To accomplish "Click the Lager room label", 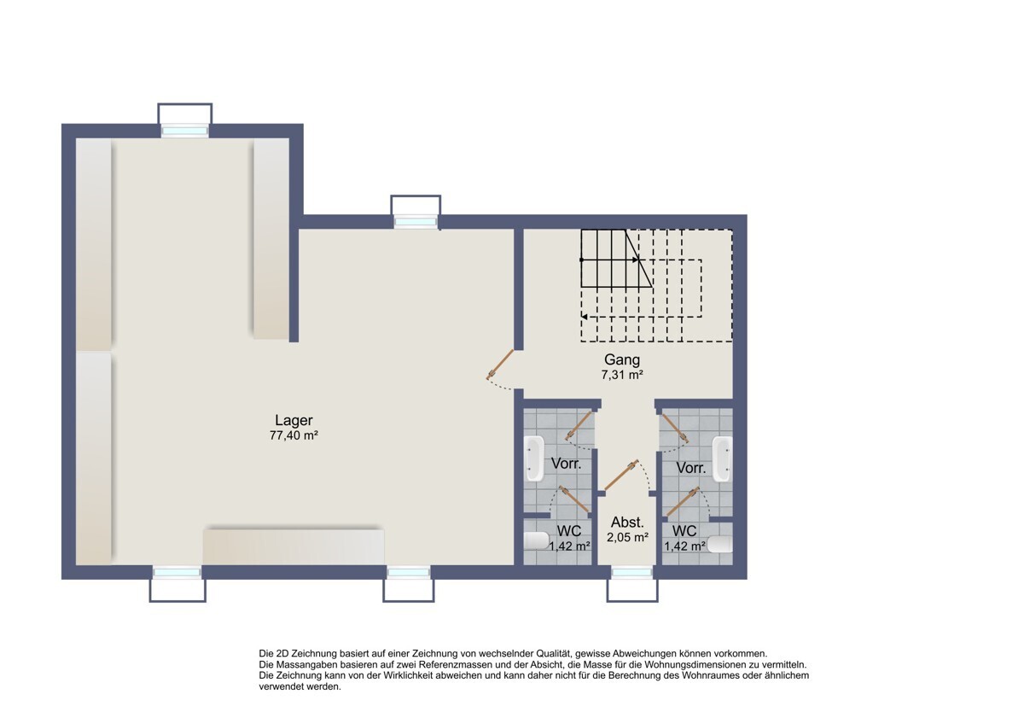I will [x=294, y=420].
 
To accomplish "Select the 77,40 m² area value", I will [x=294, y=435].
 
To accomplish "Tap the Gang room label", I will [x=622, y=359].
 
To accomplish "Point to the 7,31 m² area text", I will [x=622, y=374].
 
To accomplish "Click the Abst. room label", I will [x=627, y=523].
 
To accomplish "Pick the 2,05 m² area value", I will [x=627, y=537].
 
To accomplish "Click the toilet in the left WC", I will [x=537, y=540].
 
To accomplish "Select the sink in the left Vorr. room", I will [x=535, y=458].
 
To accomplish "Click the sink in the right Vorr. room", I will [x=722, y=458].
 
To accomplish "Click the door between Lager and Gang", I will [x=500, y=365].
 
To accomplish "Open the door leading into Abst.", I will [x=620, y=476].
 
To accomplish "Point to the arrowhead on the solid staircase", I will [x=635, y=260].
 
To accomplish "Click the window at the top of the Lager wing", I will [x=185, y=131].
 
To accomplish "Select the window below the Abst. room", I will [x=632, y=572].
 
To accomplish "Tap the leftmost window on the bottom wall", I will [x=177, y=572].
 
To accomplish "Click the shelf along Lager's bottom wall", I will [x=293, y=546].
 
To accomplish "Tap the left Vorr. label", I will [x=567, y=464].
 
